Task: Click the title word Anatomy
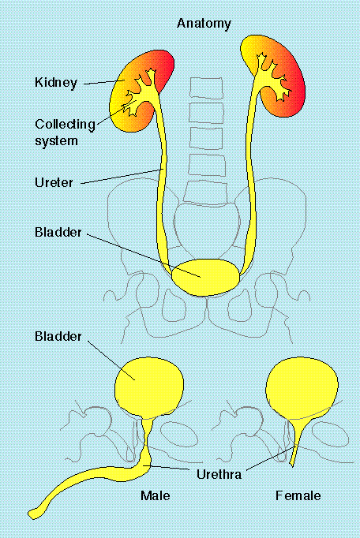point(204,24)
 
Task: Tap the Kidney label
point(56,83)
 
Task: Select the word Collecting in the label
point(65,125)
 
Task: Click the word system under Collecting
point(56,141)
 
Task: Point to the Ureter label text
point(54,182)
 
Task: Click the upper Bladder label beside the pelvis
point(58,232)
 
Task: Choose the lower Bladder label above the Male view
point(58,336)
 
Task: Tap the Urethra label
point(219,475)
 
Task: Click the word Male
point(156,495)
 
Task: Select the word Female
point(298,495)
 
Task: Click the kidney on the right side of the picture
point(278,76)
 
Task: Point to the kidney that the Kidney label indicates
point(137,92)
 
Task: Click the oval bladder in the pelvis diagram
point(205,277)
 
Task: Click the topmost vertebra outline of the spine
point(207,88)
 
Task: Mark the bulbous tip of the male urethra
point(35,514)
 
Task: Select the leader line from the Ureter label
point(122,177)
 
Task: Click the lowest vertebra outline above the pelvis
point(206,192)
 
